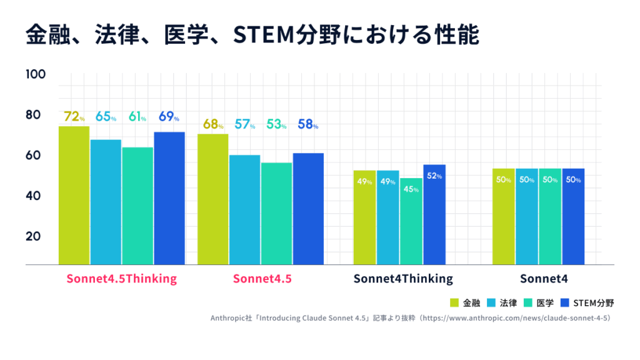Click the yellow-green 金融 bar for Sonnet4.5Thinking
point(74,196)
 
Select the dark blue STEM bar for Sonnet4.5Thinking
point(169,199)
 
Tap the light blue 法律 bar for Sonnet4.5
point(244,210)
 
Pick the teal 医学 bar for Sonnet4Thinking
point(411,222)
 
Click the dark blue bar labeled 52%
point(434,215)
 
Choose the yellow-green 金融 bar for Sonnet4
point(504,217)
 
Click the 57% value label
point(244,124)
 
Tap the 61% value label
point(137,116)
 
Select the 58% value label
point(308,124)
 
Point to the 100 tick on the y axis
point(36,74)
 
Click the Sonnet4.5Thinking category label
point(122,279)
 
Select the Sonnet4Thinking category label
point(403,279)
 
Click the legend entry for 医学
point(539,303)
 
